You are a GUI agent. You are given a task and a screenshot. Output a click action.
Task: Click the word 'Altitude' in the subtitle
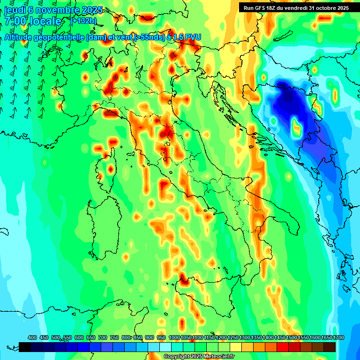click(x=22, y=37)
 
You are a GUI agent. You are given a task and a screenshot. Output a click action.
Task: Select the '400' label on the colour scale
click(x=32, y=337)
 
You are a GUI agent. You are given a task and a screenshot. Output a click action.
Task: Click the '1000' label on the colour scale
click(x=174, y=337)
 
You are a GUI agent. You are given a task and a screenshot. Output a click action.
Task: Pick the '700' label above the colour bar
click(x=103, y=337)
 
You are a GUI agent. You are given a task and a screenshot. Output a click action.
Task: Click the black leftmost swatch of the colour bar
click(x=25, y=347)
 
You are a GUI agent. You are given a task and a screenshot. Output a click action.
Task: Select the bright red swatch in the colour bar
click(x=283, y=347)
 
